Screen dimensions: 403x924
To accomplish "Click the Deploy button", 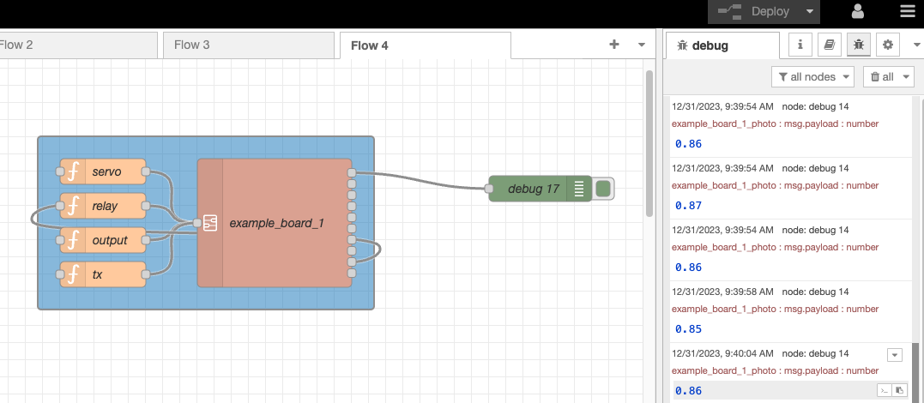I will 762,12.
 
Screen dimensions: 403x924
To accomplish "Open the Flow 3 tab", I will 192,45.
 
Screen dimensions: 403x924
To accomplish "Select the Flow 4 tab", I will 369,45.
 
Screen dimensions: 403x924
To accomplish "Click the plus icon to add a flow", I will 614,45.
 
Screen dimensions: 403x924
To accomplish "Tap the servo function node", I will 106,171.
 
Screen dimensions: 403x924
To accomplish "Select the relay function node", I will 105,206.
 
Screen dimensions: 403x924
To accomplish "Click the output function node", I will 109,240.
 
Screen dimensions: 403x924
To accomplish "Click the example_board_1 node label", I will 276,223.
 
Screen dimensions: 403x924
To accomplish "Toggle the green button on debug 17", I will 603,189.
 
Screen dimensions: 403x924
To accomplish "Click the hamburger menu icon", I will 908,12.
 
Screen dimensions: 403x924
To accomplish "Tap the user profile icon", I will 857,12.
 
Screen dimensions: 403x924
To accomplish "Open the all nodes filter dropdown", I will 812,76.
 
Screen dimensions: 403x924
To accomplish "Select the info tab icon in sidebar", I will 800,45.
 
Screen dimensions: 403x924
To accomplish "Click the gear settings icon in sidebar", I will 888,45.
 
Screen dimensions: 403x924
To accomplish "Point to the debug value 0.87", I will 688,206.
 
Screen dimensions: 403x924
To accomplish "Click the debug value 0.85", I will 688,329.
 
